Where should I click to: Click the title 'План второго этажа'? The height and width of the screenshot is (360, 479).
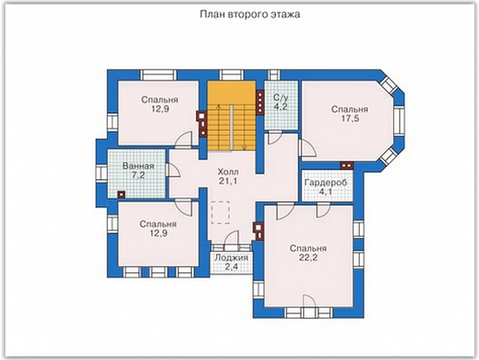click(250, 14)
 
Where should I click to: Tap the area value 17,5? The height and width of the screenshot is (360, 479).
click(350, 119)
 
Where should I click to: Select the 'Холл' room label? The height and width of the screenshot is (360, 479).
click(228, 172)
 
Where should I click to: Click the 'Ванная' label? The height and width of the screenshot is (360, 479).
click(138, 166)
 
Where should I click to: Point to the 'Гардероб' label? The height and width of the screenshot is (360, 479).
click(326, 182)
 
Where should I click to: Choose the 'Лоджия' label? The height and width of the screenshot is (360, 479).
click(231, 258)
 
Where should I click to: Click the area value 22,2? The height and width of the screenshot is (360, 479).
click(308, 258)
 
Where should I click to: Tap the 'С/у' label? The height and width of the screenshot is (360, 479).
click(281, 98)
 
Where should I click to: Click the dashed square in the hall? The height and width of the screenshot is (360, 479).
click(221, 213)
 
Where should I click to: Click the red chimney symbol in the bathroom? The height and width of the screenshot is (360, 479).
click(122, 194)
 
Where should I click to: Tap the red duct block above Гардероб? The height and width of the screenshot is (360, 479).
click(347, 166)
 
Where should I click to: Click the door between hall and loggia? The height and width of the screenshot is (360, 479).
click(231, 237)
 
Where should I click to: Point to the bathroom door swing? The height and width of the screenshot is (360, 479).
click(173, 169)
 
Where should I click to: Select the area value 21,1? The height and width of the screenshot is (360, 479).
click(228, 181)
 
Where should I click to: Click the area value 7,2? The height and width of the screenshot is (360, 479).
click(138, 175)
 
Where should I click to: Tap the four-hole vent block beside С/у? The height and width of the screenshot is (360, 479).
click(260, 102)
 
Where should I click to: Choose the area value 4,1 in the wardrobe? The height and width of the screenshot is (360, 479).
click(326, 192)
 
